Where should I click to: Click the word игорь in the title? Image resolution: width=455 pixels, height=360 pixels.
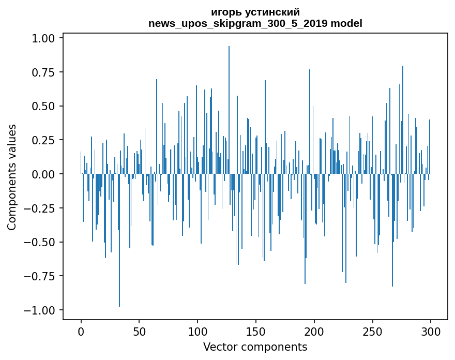pos(225,12)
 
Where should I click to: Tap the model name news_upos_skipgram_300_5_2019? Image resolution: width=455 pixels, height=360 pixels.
pos(238,23)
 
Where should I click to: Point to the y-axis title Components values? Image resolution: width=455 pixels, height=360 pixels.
pos(12,177)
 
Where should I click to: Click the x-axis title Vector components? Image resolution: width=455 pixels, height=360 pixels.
pos(255,347)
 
